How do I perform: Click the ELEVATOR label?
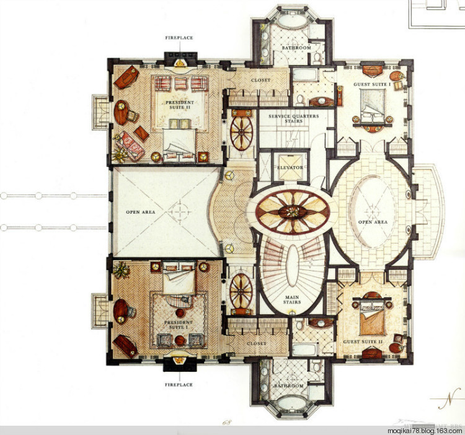click(290, 167)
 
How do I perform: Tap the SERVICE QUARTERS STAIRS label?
click(294, 118)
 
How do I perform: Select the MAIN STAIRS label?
click(292, 299)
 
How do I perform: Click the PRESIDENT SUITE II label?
click(180, 105)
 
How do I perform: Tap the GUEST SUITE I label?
click(372, 84)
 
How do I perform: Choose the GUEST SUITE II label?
click(363, 341)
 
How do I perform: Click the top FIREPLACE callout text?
click(179, 38)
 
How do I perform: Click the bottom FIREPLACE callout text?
click(179, 385)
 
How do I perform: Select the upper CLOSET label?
click(260, 80)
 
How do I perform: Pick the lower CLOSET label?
click(256, 343)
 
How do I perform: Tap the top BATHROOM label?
click(296, 48)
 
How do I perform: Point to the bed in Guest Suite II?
click(372, 318)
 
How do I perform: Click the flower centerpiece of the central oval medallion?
click(293, 211)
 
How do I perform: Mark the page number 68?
click(227, 421)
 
